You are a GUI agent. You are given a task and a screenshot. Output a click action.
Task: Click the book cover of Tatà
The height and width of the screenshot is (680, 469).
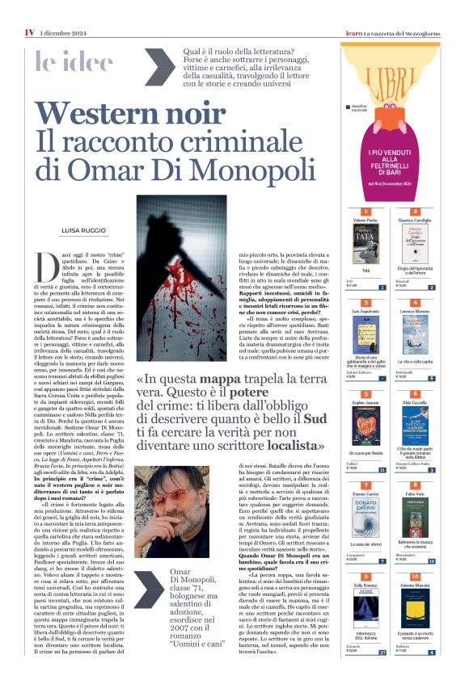click(357, 241)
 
